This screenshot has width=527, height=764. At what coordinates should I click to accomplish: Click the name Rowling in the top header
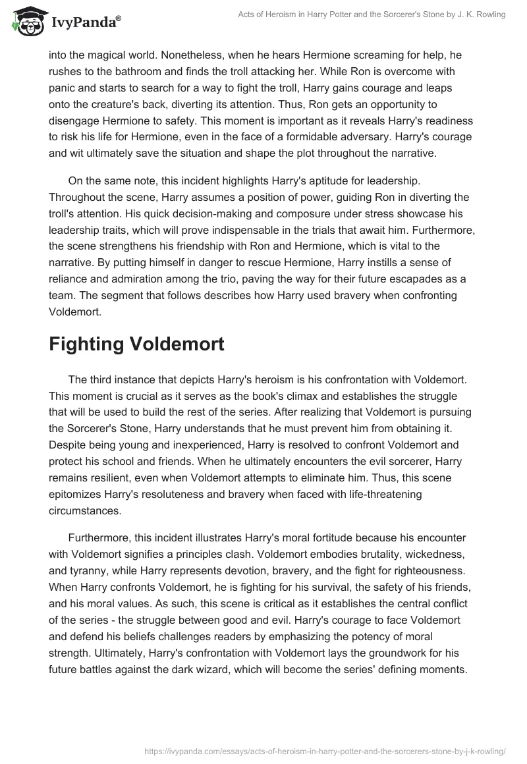pyautogui.click(x=487, y=15)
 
